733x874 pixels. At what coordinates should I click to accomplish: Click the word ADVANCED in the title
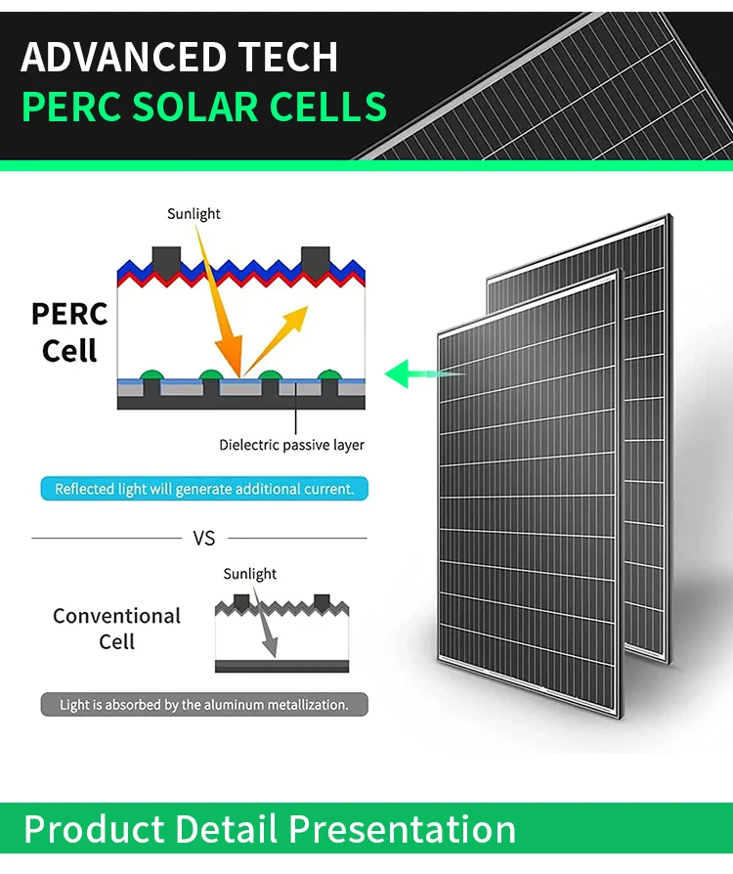click(x=124, y=58)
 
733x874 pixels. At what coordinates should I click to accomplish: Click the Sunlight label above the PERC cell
click(x=194, y=214)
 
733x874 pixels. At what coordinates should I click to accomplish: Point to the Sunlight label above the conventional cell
click(x=249, y=574)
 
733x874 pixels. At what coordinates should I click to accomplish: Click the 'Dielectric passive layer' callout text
click(x=291, y=445)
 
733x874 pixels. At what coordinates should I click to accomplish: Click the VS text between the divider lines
click(x=204, y=538)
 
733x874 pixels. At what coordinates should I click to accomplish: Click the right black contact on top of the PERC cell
click(x=315, y=259)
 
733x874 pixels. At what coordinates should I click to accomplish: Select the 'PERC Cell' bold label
click(x=69, y=332)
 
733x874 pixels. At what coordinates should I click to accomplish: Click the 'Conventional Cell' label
click(x=116, y=629)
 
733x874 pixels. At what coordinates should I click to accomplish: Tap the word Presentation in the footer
click(x=403, y=829)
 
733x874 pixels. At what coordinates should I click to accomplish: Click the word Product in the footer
click(x=94, y=829)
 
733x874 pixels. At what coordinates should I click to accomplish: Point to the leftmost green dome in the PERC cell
click(x=151, y=375)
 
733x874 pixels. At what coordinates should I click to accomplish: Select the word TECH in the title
click(x=288, y=58)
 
